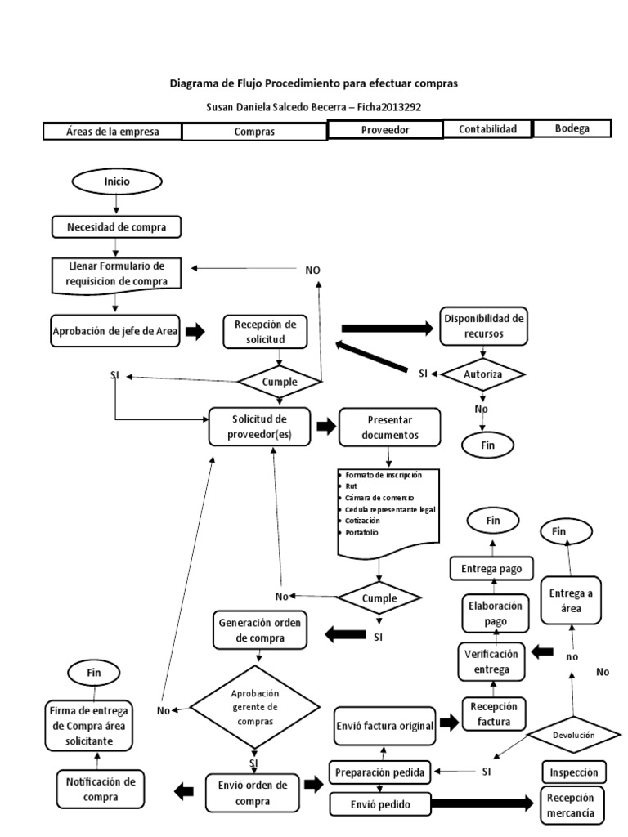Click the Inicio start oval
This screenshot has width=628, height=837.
coord(116,181)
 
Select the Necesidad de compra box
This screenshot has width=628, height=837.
coord(116,226)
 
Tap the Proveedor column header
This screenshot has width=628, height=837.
coord(384,130)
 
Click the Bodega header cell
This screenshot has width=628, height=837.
coord(572,129)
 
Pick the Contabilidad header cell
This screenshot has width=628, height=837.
coord(487,129)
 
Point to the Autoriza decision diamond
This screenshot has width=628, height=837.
coord(482,374)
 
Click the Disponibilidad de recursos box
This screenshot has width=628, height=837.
coord(482,325)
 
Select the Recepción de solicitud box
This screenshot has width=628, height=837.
coord(258,330)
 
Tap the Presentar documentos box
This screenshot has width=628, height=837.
coord(389,427)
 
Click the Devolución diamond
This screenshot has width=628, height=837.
coord(572,736)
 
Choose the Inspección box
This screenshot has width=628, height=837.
coord(573,772)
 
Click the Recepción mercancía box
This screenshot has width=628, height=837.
coord(573,804)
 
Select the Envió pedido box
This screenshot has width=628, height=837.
coord(379,805)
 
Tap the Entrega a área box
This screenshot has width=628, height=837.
coord(572,599)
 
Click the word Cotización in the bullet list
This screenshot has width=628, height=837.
coord(363,520)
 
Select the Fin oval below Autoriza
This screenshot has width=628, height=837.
coord(487,445)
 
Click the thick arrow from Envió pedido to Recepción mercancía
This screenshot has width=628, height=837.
coord(482,805)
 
